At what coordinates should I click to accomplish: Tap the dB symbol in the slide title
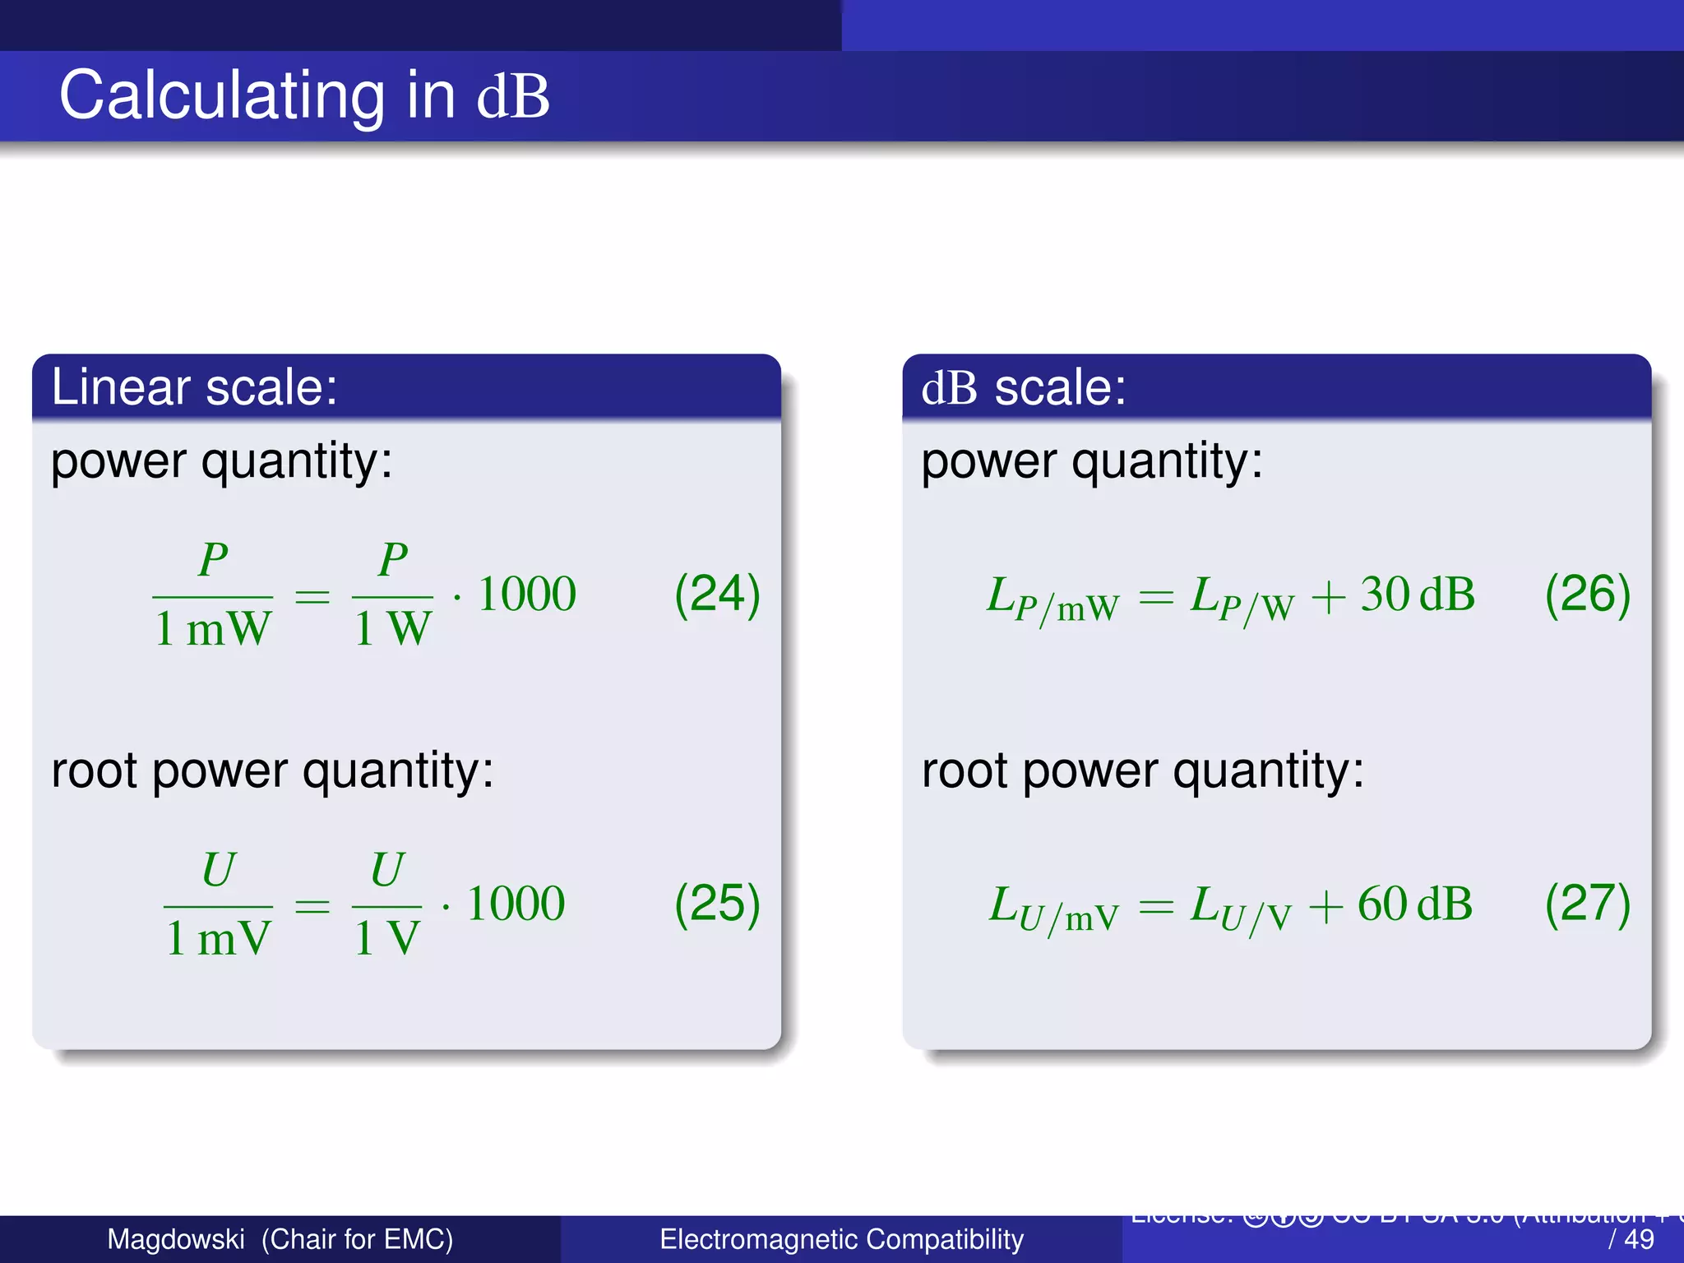pos(513,97)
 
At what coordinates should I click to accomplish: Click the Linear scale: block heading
pos(194,386)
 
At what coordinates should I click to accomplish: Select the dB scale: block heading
pos(1023,387)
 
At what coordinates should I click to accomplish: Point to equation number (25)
pos(717,903)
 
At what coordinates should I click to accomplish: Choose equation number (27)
pos(1587,903)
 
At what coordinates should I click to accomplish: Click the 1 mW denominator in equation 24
pos(212,629)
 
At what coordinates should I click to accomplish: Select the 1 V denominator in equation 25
pos(386,938)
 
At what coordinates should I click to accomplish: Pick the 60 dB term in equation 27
pos(1414,904)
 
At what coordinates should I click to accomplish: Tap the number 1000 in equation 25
pos(516,904)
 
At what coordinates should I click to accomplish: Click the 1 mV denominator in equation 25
pos(218,938)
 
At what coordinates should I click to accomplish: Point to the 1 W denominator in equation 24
pos(392,629)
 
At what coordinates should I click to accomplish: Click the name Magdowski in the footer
pos(176,1239)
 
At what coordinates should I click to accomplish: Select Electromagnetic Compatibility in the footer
pos(841,1239)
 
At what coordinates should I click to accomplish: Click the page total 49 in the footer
pos(1640,1239)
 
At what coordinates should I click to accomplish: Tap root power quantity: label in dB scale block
pos(1142,771)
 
